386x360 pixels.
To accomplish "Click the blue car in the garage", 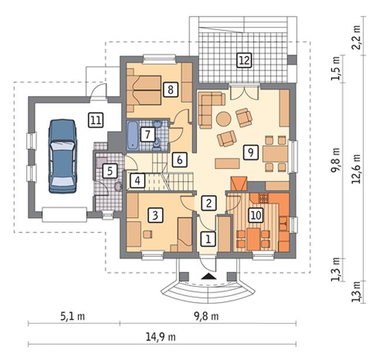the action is (63, 157).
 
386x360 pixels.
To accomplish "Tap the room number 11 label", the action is (96, 120).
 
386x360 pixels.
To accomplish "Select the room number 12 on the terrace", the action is (244, 60).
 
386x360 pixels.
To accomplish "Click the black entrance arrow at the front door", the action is (209, 276).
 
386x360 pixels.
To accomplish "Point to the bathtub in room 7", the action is (132, 136).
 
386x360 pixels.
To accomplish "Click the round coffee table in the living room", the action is (224, 119).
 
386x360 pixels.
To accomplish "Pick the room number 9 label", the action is (250, 153).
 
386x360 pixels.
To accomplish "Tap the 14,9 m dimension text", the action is (161, 337).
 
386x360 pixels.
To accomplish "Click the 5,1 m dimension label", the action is (73, 316).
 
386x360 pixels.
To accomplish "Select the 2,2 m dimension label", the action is (356, 37).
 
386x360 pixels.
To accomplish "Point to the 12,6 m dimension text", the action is (356, 169).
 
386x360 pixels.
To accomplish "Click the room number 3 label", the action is (155, 215).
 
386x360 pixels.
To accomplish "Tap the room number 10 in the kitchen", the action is (256, 215).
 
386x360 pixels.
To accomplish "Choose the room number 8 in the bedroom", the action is (170, 89).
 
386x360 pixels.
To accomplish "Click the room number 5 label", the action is (110, 171).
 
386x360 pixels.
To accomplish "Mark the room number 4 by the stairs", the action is (137, 181).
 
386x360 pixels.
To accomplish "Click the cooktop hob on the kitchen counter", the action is (263, 198).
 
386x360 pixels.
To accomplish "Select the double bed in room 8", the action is (144, 91).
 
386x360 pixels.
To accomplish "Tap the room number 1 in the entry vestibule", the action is (208, 238).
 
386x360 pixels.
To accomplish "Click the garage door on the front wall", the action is (64, 215).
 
